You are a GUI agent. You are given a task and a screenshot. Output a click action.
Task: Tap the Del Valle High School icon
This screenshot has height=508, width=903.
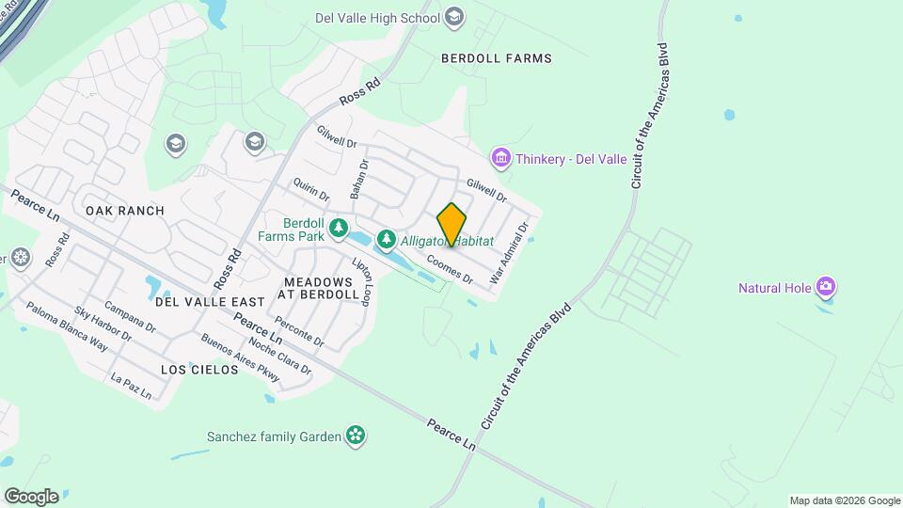click(x=455, y=17)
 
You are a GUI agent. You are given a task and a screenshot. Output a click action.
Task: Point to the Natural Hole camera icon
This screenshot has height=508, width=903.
click(x=826, y=287)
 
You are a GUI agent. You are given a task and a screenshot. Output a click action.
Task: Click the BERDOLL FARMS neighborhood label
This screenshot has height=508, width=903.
click(x=497, y=58)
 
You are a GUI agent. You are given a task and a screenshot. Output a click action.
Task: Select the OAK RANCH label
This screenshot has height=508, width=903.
click(x=125, y=211)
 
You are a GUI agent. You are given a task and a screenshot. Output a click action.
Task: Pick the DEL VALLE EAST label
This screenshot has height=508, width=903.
click(x=211, y=302)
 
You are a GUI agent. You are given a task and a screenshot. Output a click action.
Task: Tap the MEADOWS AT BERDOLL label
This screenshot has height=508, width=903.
click(x=318, y=288)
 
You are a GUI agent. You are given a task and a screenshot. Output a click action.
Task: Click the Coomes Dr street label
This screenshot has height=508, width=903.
click(x=449, y=268)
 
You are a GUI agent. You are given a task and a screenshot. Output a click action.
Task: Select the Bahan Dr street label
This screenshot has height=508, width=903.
click(x=359, y=176)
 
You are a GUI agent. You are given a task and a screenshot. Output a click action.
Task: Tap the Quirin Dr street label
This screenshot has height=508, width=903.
click(x=310, y=189)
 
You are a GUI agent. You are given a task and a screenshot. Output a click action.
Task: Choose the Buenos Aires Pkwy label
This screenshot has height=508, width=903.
click(x=241, y=357)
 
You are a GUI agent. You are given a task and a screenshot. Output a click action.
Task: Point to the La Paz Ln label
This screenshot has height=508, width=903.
click(x=131, y=387)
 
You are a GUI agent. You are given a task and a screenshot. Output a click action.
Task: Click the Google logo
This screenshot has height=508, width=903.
click(x=31, y=497)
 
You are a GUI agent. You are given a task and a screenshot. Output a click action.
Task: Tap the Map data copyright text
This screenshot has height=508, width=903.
click(x=844, y=500)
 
